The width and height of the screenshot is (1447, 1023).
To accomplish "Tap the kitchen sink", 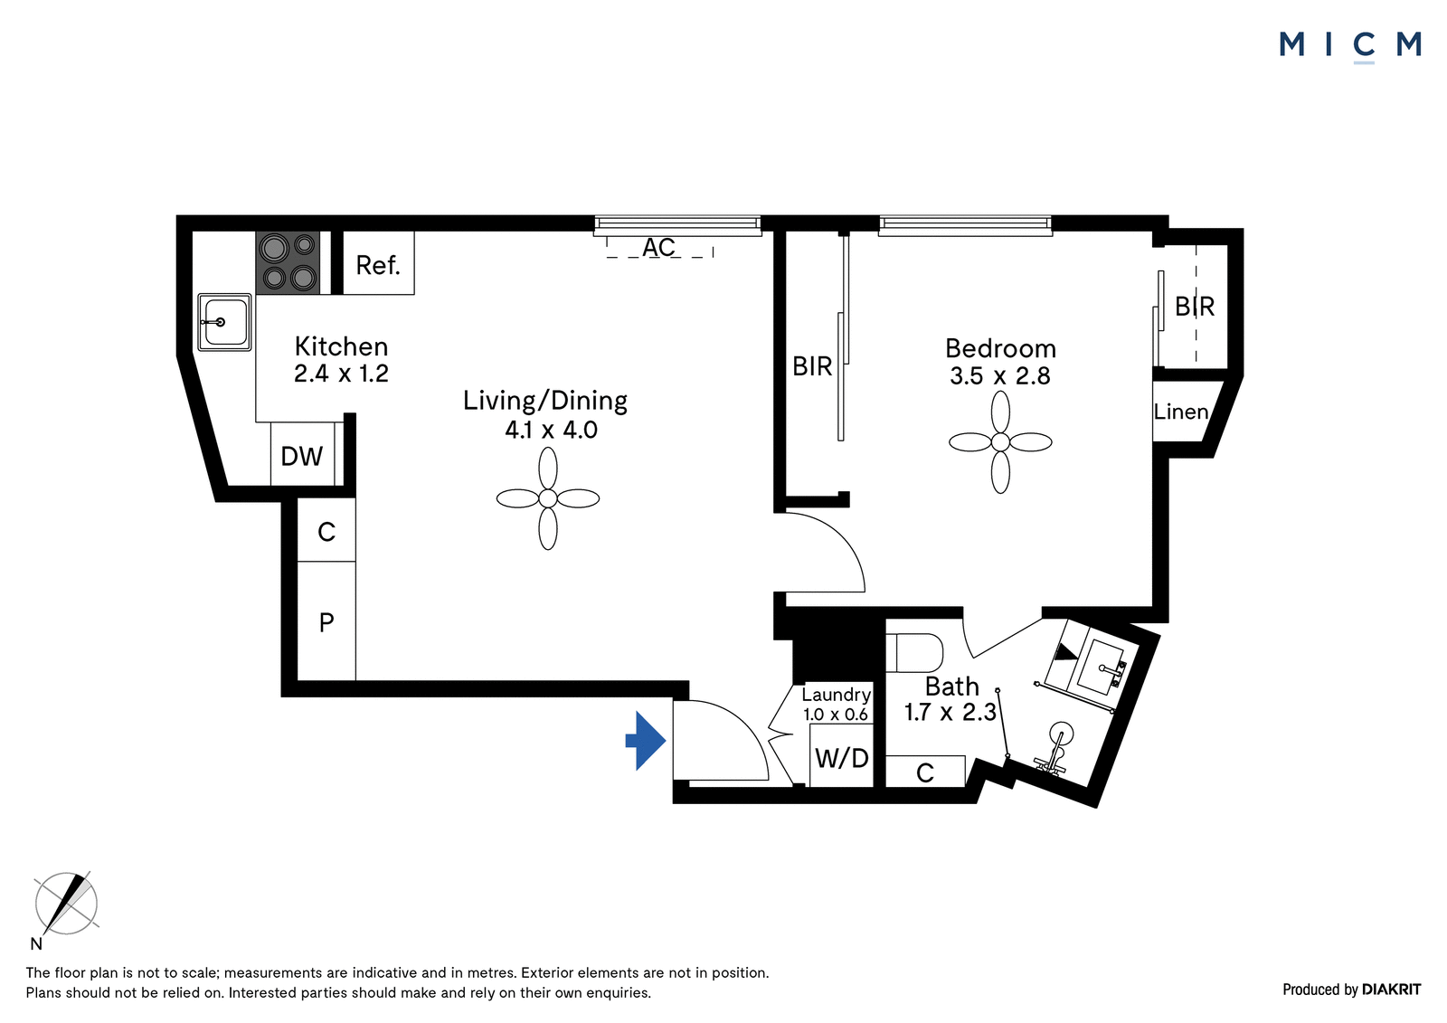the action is (x=224, y=322).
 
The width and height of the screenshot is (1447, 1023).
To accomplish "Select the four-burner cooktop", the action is (x=288, y=262).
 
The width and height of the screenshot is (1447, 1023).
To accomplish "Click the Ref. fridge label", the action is (x=378, y=265).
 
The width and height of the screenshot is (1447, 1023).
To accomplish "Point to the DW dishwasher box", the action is (x=302, y=454).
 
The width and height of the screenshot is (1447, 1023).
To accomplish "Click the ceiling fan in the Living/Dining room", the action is (x=548, y=498).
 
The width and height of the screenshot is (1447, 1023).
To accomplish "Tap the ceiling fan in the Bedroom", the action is (x=1000, y=442).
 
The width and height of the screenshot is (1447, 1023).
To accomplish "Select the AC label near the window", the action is (x=658, y=247).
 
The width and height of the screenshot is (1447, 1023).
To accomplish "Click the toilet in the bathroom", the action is (x=913, y=653).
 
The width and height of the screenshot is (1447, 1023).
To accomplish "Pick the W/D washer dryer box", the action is (x=841, y=754).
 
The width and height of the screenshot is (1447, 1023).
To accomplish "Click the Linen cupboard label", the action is (x=1181, y=412).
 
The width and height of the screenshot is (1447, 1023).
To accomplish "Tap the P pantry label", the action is (x=326, y=622).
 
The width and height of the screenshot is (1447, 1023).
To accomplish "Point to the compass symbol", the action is (x=66, y=903).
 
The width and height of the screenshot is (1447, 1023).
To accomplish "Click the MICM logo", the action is (x=1350, y=46).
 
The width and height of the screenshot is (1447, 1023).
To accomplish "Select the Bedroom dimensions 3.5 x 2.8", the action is (x=1000, y=375).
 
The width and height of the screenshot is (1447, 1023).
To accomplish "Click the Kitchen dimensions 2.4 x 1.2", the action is (x=341, y=374).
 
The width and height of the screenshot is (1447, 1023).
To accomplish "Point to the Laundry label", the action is (x=837, y=695).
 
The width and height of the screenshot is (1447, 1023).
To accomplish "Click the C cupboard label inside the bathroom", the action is (x=925, y=772).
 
